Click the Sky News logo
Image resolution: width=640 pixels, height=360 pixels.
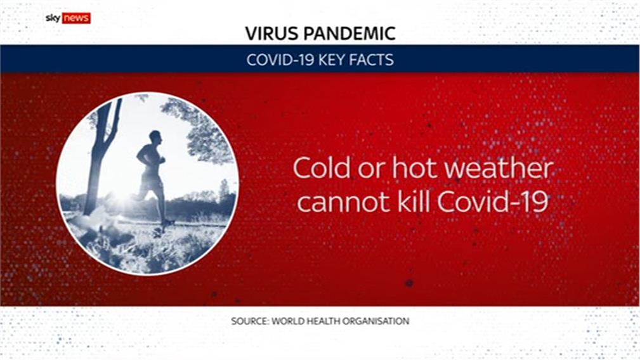(x=68, y=18)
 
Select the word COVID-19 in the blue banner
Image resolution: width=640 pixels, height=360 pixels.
(x=280, y=60)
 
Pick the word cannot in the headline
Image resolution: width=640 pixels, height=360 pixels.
(x=344, y=202)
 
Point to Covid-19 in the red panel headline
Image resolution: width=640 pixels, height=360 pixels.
(x=492, y=201)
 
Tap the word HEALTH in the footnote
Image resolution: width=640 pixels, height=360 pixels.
(x=323, y=321)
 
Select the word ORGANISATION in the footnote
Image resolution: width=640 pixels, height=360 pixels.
(x=376, y=321)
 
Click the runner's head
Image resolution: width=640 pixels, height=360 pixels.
(x=155, y=137)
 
